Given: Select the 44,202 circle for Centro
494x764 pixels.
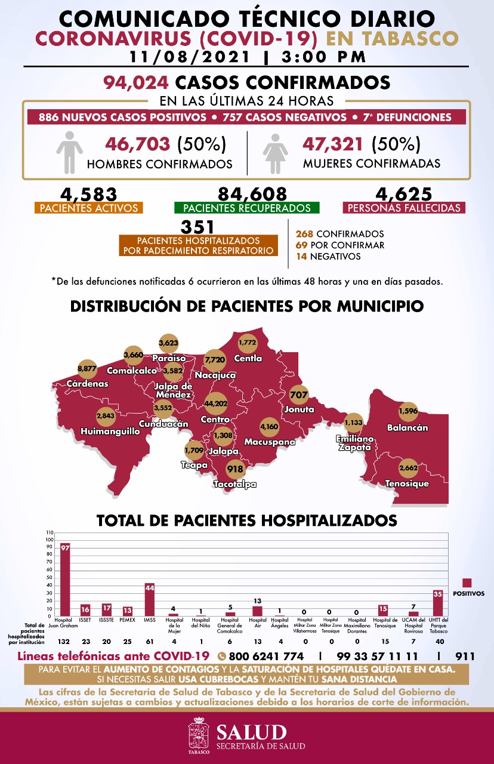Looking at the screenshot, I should [x=215, y=404].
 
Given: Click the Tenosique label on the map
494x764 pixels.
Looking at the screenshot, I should [x=407, y=483].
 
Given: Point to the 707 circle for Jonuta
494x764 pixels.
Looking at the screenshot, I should [x=298, y=395].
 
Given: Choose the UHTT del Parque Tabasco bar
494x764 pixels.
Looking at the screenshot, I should [x=438, y=603].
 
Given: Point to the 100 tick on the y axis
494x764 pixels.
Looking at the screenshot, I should [x=50, y=539].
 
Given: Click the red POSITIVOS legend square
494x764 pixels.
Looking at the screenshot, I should [x=467, y=583].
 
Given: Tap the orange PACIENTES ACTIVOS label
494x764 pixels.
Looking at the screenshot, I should [x=88, y=208].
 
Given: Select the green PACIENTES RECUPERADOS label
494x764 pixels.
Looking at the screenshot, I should [x=247, y=208].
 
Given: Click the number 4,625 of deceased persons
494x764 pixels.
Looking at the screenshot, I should [x=404, y=194].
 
